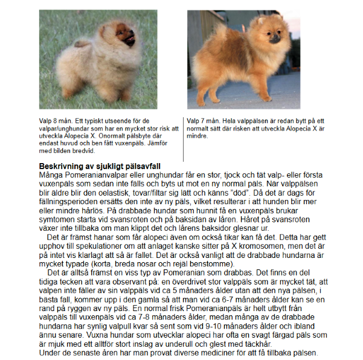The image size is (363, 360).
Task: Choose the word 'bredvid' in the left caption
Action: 85,150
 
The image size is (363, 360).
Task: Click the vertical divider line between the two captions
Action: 184,136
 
